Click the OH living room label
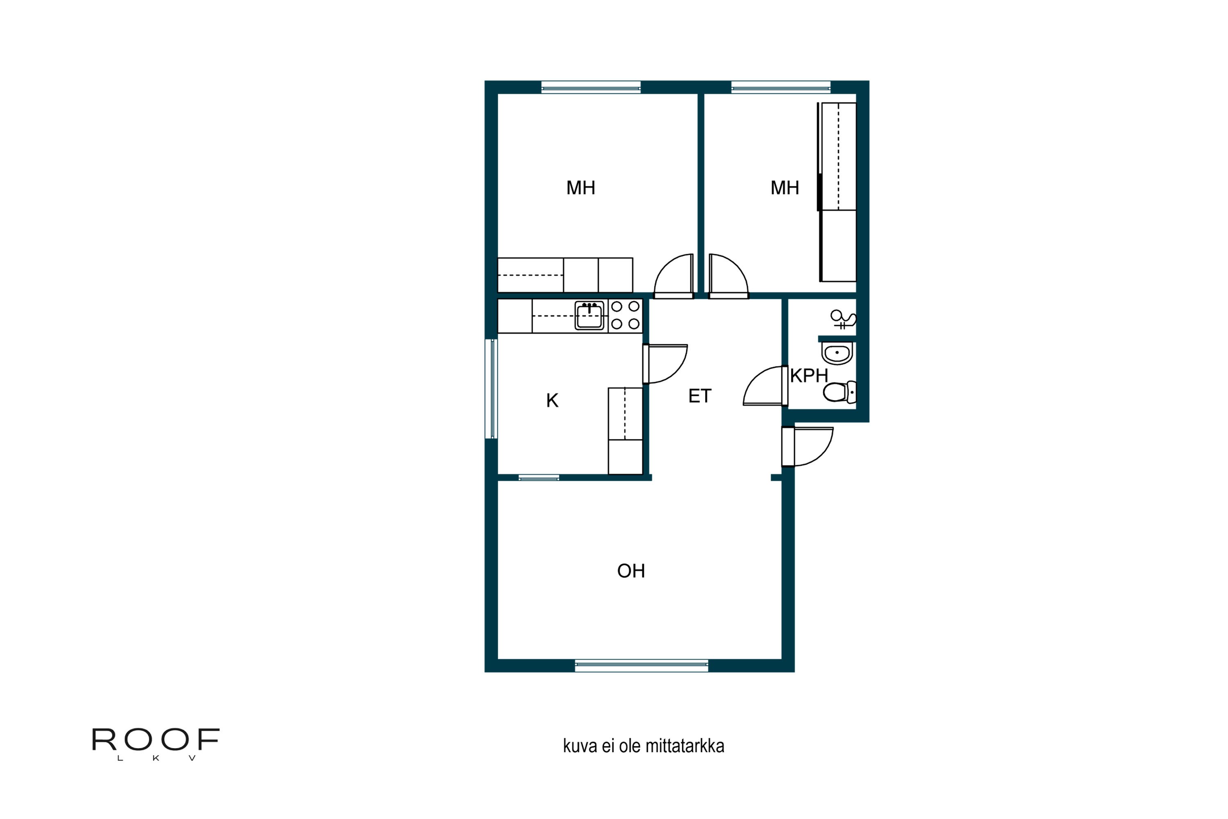point(631,571)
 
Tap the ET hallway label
point(700,396)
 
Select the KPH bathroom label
point(809,376)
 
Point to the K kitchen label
point(552,400)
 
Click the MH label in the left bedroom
point(580,188)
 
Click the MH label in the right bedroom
point(785,188)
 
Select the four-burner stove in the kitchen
point(625,315)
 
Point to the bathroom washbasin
point(837,353)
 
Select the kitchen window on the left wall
point(491,389)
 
